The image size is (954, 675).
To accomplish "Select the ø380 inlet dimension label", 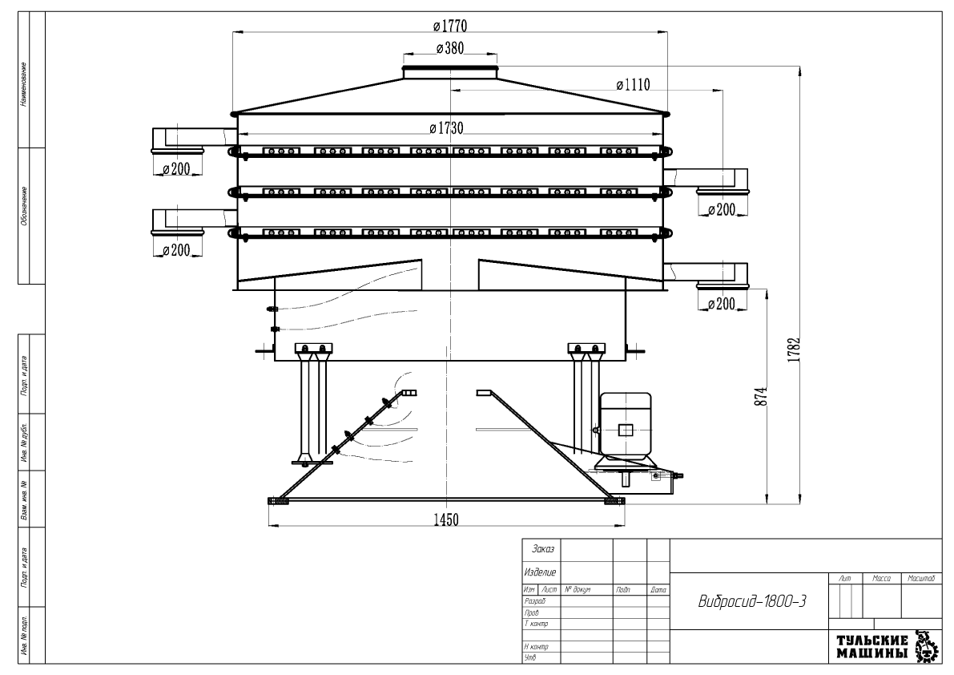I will pos(449,49).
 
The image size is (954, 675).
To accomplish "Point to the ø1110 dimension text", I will pos(632,83).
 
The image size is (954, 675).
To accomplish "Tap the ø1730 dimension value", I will pos(446,127).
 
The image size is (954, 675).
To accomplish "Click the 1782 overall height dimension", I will pos(793,351).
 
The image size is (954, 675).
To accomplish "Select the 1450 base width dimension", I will pos(445,519).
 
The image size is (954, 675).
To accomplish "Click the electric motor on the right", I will pos(625,428).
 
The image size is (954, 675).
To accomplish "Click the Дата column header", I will pos(658,590).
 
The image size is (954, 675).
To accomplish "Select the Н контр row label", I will pos(536,646).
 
